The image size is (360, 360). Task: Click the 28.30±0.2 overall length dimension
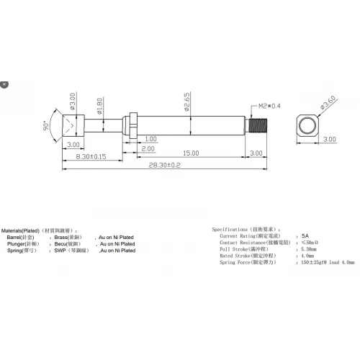coord(165,165)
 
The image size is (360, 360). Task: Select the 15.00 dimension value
coord(190,153)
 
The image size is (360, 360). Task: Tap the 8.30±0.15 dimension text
coord(91,156)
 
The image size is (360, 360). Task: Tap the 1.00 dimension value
coord(150,138)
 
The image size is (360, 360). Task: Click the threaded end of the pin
coord(257,127)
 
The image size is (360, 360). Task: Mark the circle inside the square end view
coord(308,127)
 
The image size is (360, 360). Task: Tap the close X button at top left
coord(5,84)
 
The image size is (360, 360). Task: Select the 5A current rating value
coord(305,235)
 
